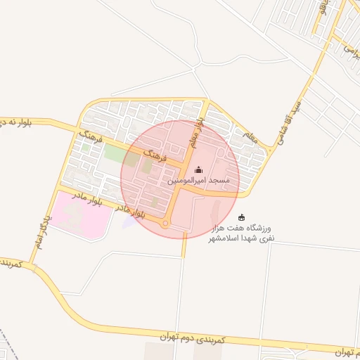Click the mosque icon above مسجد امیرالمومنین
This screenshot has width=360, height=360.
pos(198,169)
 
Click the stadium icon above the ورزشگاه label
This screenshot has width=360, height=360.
pos(242,217)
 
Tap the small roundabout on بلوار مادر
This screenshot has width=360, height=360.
pos(165,224)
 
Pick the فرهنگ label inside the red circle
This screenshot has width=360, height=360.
pos(153,154)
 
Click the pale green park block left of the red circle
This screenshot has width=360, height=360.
pos(114,150)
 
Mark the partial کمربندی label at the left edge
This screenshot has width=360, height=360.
pos(13,264)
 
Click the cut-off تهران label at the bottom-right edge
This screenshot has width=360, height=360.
pos(344,351)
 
